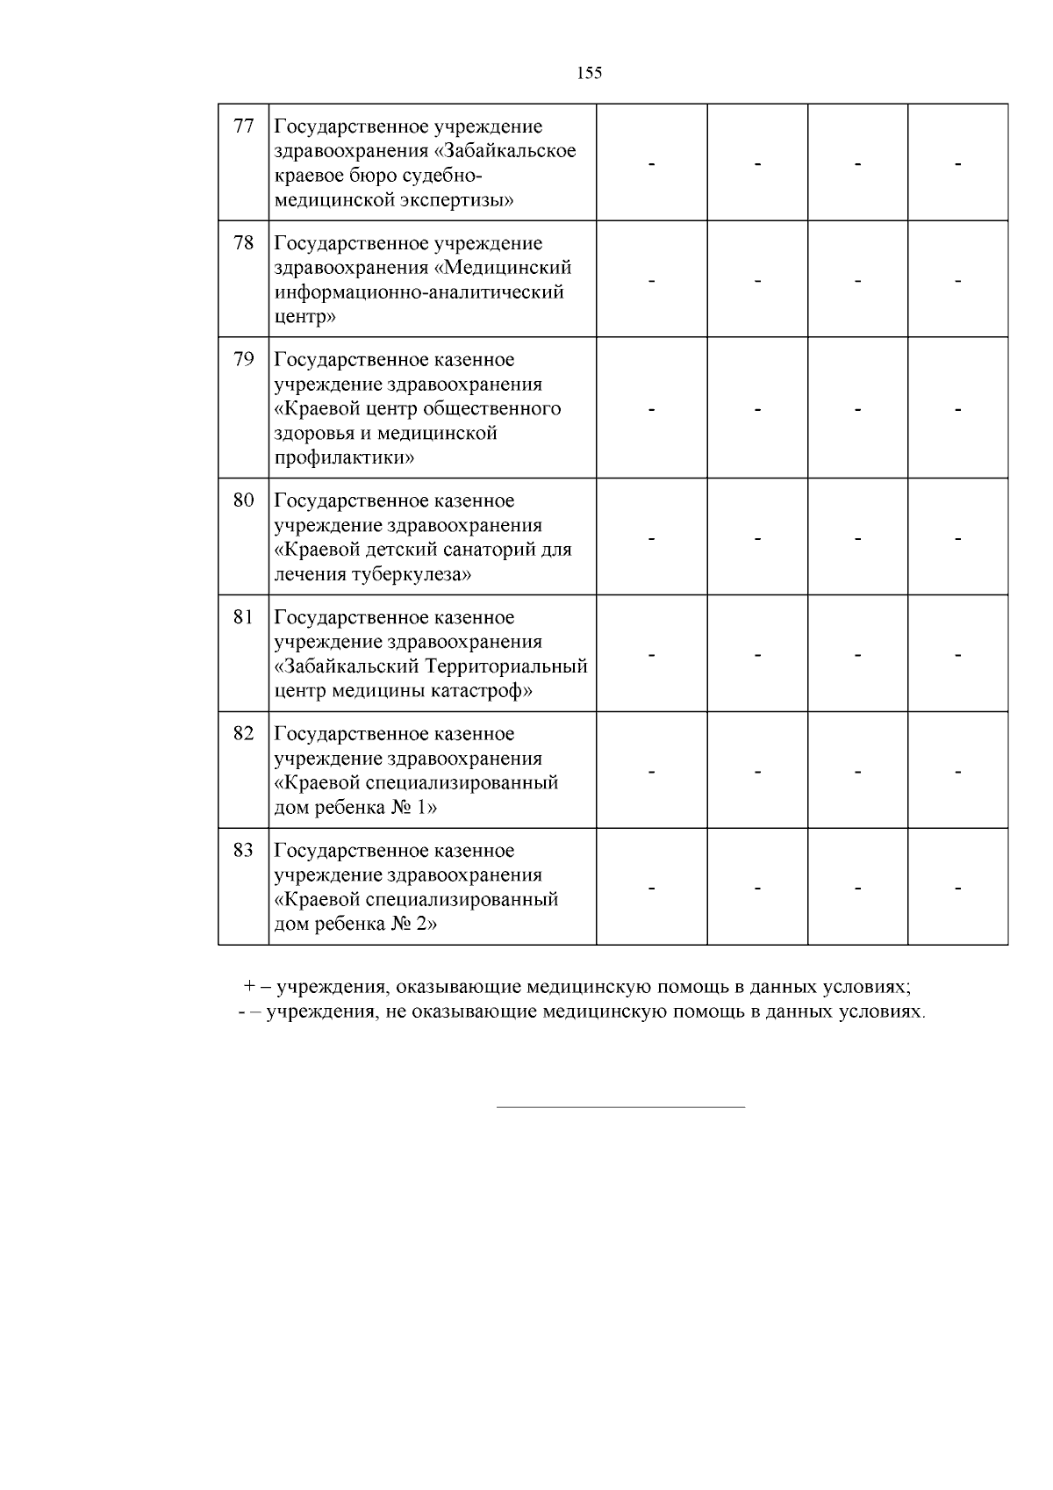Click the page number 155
590,74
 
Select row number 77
243,126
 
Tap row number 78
243,243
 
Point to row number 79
243,360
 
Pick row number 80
243,500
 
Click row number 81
243,617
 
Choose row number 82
243,734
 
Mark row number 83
243,851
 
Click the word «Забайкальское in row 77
505,151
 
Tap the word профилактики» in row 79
344,458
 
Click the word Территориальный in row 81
506,666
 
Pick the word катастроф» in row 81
483,691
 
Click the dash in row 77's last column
957,164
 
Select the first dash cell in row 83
652,889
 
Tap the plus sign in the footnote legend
249,987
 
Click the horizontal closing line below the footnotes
620,1107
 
